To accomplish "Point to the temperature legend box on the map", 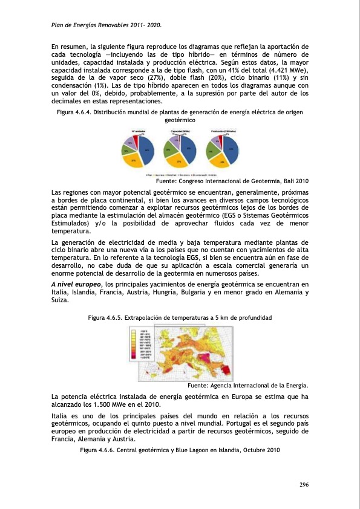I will click(144, 342).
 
